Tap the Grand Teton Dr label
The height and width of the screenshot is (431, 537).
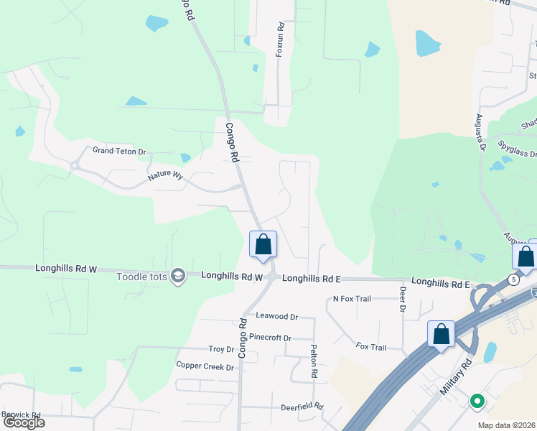coord(119,152)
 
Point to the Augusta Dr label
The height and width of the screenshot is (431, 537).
coord(479,134)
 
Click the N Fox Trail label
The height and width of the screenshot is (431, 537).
coord(352,299)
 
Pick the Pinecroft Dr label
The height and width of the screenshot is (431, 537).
coord(270,338)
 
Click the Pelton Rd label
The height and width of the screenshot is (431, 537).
coord(314,361)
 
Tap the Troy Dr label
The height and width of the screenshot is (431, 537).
coord(221,349)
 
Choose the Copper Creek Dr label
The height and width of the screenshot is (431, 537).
coord(205,366)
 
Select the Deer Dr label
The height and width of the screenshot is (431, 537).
coord(403,299)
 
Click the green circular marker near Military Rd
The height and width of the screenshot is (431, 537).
coord(476,401)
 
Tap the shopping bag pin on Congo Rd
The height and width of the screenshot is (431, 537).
coord(263,244)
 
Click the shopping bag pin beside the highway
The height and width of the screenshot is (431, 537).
coord(441,334)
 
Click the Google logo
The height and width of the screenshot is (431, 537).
coord(23,422)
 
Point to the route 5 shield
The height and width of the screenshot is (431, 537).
coord(513,279)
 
